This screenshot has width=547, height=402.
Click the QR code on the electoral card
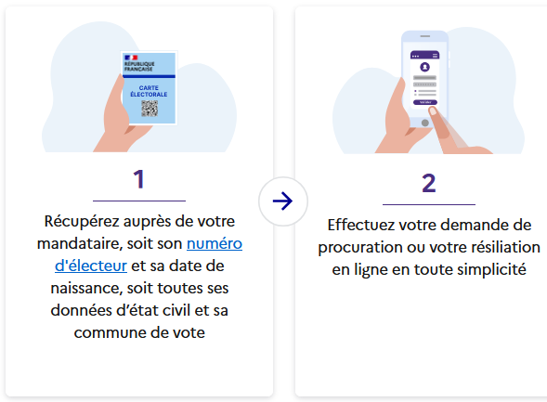tap(150, 108)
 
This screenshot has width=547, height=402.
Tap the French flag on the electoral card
tap(131, 58)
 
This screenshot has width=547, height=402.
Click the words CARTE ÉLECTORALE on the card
tap(149, 91)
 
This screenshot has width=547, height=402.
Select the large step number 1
tap(139, 179)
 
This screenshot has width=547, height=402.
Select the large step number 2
tap(429, 183)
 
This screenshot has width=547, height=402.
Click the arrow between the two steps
tap(282, 201)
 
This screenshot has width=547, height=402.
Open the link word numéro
tap(215, 243)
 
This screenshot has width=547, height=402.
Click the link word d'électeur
tap(91, 266)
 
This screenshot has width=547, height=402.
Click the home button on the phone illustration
tap(425, 123)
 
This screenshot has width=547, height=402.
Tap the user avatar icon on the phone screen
tap(424, 66)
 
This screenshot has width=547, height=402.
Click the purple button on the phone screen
tap(425, 102)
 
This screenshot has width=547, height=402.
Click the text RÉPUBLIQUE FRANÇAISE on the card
tap(139, 66)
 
